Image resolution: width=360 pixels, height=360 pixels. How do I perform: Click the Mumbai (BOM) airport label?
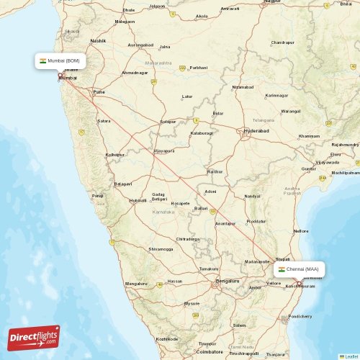(x=60, y=61)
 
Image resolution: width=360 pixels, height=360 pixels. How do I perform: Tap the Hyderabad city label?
(x=257, y=131)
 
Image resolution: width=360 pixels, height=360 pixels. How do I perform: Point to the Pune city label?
(x=99, y=92)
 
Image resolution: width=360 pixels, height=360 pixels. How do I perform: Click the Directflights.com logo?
(x=33, y=337)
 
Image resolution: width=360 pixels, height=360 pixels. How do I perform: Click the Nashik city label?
(x=98, y=41)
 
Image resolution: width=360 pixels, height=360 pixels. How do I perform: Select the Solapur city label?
(x=168, y=122)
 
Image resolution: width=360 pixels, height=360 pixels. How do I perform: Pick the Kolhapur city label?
(x=115, y=155)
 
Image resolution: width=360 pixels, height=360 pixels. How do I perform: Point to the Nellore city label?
(x=301, y=231)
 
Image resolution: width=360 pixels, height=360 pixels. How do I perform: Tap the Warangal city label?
(x=291, y=112)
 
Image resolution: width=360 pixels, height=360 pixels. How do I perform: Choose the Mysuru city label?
(x=192, y=304)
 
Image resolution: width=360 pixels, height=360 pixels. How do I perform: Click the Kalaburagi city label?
(x=202, y=134)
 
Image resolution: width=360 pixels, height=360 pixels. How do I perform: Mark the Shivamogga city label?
(x=161, y=249)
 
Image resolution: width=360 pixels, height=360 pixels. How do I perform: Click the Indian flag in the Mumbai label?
(x=43, y=61)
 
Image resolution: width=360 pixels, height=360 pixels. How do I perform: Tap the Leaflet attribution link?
(x=351, y=356)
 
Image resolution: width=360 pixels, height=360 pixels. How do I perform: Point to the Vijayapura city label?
(x=164, y=152)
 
